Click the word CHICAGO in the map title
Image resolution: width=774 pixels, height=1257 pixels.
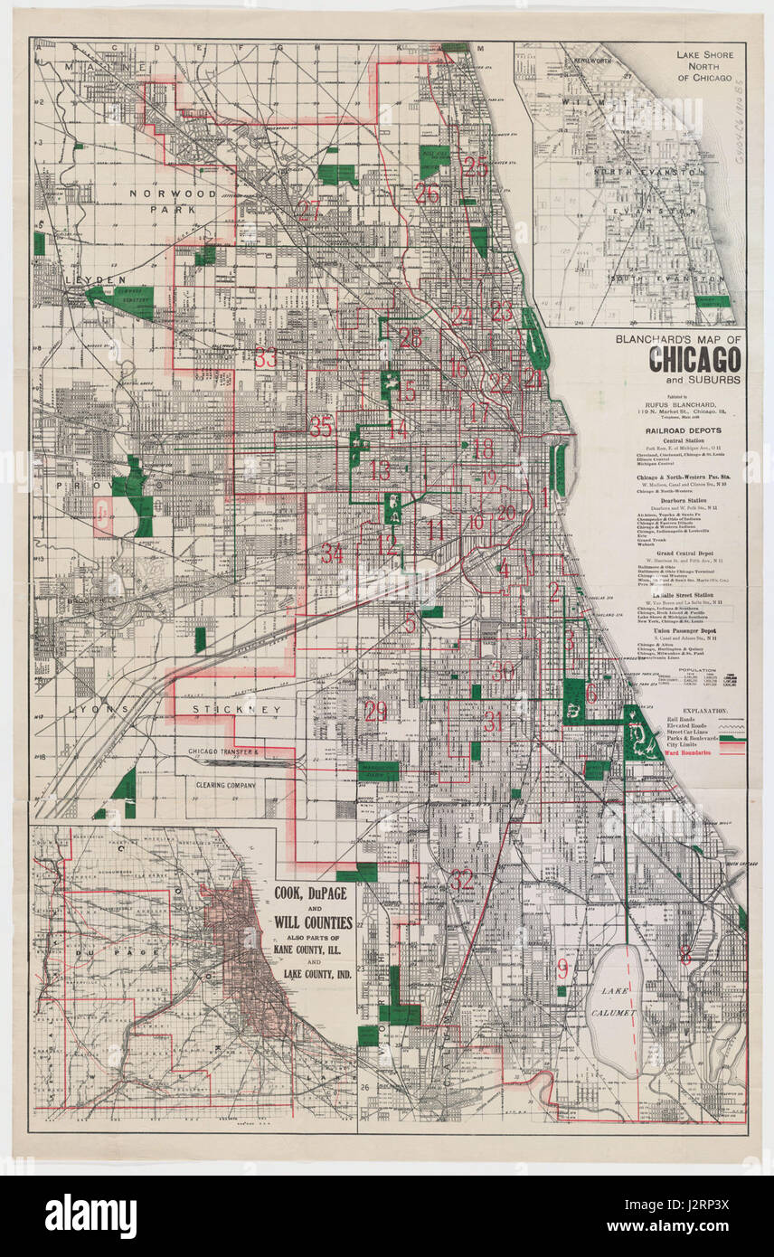694,358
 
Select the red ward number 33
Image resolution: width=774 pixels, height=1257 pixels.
265,357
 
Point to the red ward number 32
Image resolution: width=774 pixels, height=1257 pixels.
462,879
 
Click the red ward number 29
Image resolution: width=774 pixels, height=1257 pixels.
375,711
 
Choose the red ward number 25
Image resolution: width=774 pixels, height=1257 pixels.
475,166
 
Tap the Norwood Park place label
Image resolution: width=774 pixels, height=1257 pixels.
172,202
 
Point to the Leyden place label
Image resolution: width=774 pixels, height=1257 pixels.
96,281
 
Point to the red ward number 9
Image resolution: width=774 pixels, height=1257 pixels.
562,970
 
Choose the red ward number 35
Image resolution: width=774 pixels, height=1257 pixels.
321,427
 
